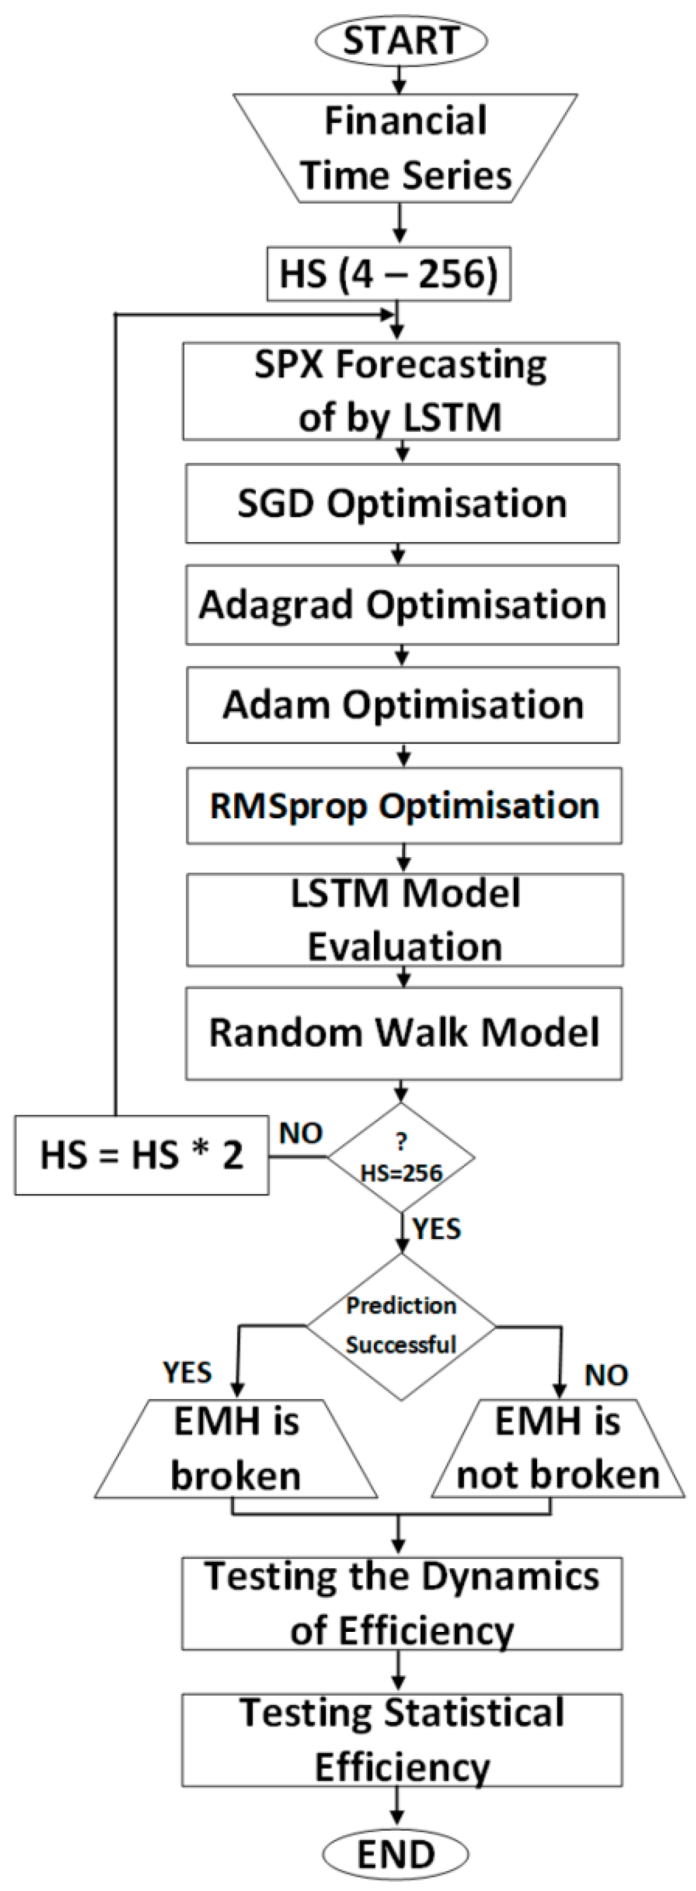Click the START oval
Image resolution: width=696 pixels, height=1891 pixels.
point(401,40)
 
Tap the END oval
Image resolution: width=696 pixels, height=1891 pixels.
point(396,1855)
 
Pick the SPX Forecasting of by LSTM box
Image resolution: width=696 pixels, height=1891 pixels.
point(401,391)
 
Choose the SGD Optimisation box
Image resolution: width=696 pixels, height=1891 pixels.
point(402,503)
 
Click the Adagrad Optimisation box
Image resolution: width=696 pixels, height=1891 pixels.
point(402,605)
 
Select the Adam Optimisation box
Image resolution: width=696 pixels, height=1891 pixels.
point(402,705)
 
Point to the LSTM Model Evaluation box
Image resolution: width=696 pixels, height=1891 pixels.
point(404,919)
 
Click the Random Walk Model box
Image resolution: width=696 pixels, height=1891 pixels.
point(404,1033)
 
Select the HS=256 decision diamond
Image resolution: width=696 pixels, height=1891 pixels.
point(401,1158)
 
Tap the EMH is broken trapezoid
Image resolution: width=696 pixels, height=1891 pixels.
point(236,1449)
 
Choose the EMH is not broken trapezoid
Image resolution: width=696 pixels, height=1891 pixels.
point(558,1449)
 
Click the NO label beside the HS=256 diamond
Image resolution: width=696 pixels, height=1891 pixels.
point(300,1134)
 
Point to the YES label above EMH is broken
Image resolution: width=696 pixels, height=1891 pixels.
point(187,1372)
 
